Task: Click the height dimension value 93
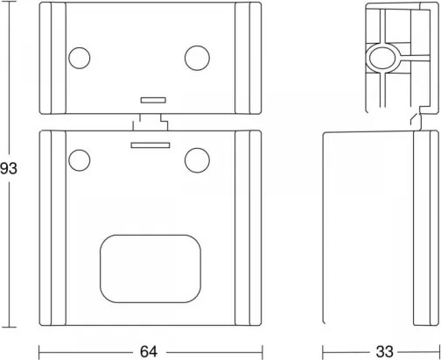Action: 9,169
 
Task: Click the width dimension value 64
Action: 149,352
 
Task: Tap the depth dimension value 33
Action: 384,352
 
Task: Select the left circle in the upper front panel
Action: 80,58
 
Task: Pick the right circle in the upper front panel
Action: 197,58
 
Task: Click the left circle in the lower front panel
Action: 80,160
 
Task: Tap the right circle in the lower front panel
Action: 197,160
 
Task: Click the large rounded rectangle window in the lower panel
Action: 150,269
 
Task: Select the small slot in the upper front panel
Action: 153,100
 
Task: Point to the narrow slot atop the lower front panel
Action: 150,145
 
